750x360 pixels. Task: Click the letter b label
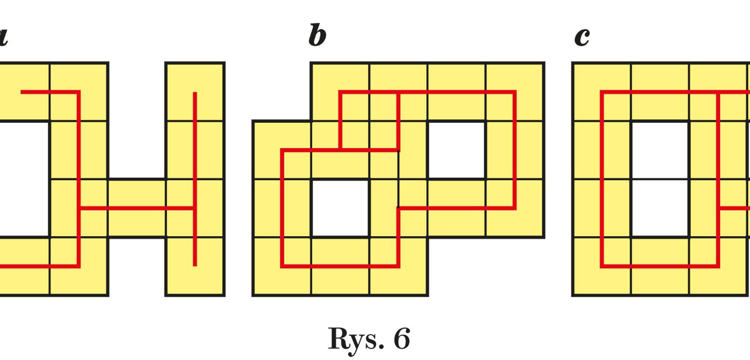coord(317,36)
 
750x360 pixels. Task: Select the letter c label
coord(582,37)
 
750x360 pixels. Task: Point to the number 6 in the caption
coord(402,338)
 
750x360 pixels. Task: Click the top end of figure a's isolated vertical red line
coord(195,93)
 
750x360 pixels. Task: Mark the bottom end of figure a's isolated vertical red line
coord(195,266)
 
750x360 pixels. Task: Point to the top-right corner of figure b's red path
coord(515,92)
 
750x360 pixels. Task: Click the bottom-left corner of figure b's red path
coord(283,267)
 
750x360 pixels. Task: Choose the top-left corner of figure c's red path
coord(602,92)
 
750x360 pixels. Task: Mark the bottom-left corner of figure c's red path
coord(602,266)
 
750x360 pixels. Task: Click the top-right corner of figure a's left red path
coord(79,92)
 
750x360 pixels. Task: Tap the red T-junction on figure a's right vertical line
coord(195,208)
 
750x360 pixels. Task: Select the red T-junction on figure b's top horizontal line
coord(398,92)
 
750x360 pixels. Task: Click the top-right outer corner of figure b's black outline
coord(544,63)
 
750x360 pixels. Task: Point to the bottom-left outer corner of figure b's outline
coord(253,295)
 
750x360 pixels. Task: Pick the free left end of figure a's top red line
coord(22,92)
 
